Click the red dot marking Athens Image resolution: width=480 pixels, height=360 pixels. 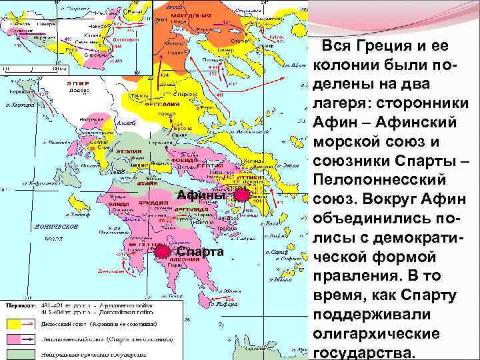coord(241,195)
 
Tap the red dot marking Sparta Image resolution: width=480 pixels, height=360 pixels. coord(161,251)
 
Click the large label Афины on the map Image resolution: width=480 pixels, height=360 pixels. coord(201,195)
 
